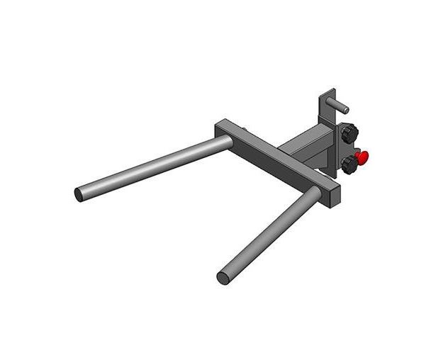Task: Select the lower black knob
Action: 349,164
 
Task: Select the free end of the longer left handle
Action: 79,193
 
